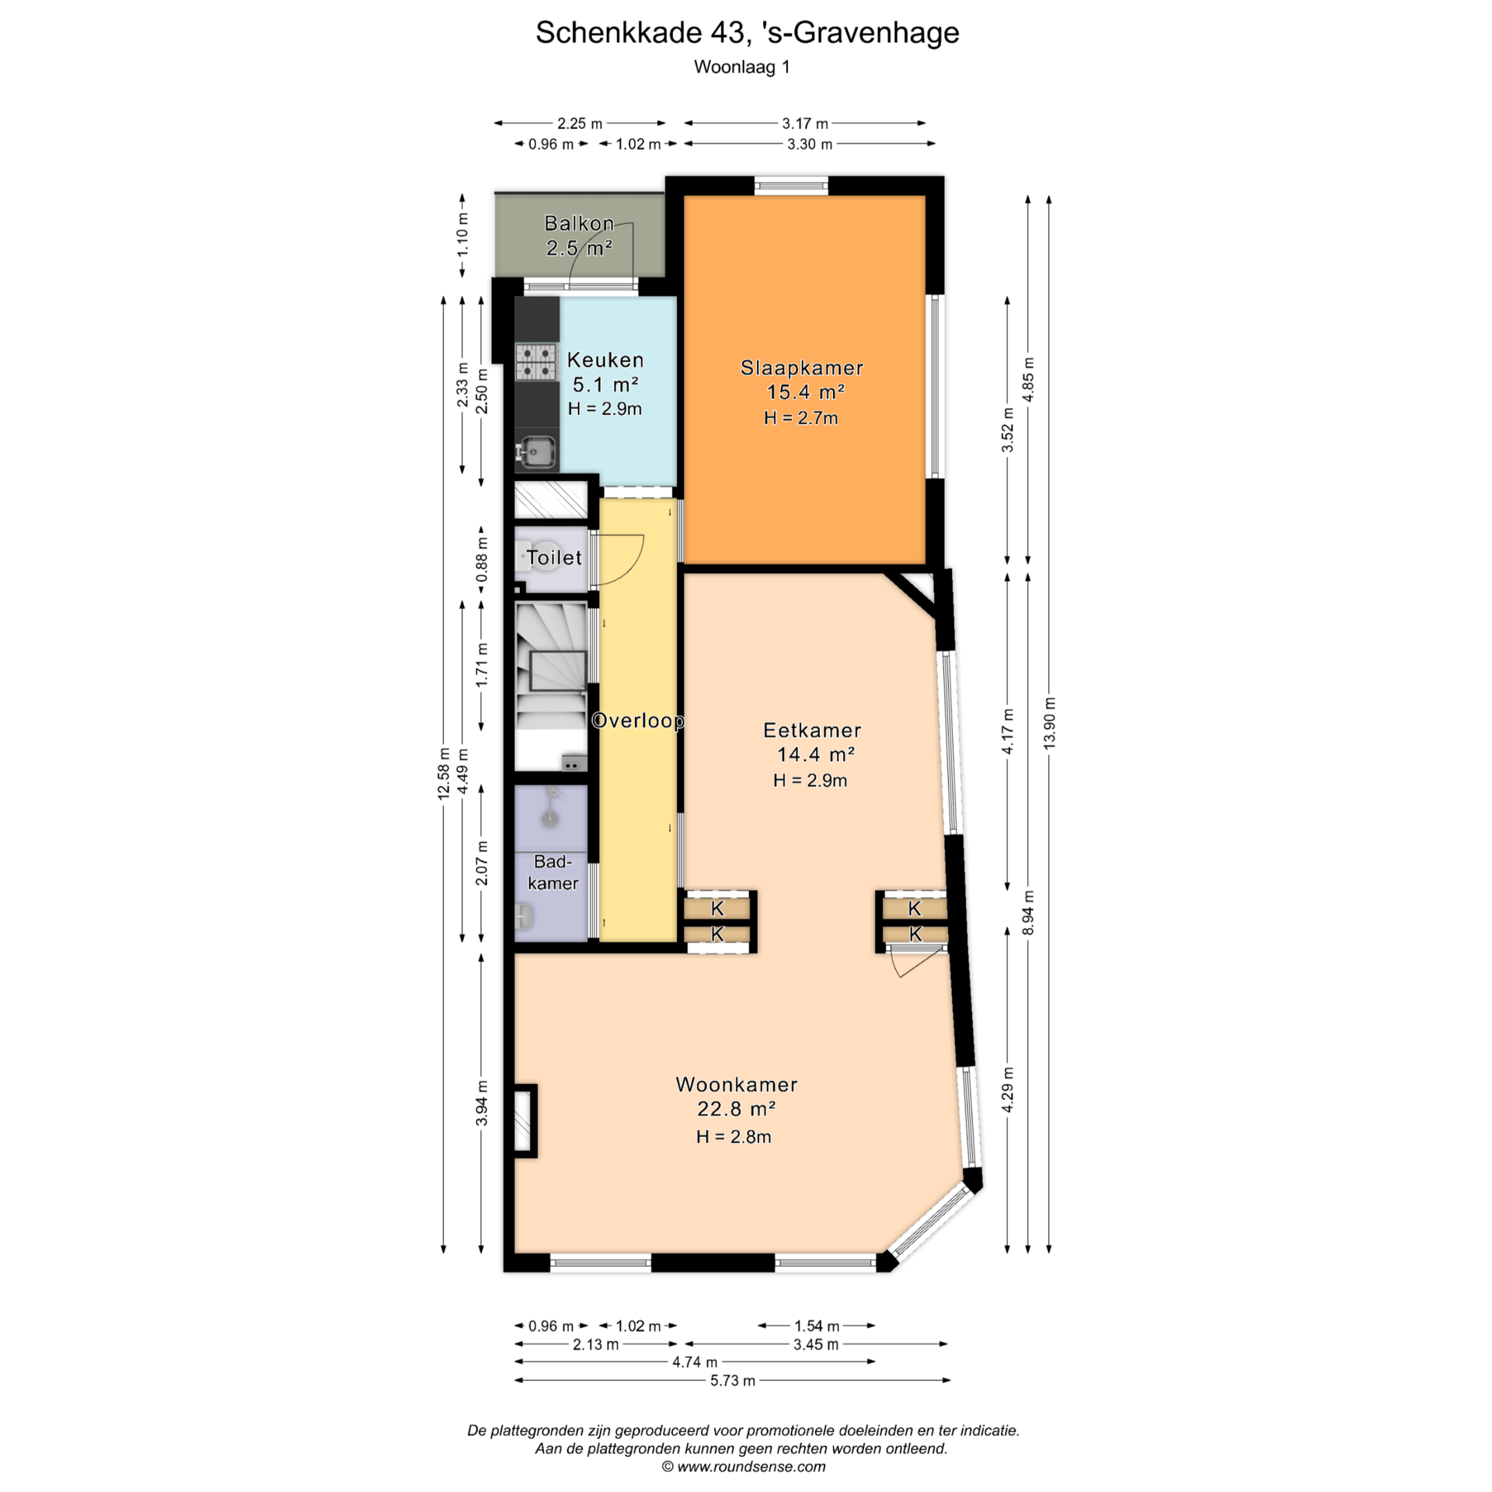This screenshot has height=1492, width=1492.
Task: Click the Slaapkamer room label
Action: pyautogui.click(x=802, y=368)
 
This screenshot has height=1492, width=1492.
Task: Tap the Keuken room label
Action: pyautogui.click(x=605, y=360)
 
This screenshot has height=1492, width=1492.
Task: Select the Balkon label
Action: pyautogui.click(x=579, y=224)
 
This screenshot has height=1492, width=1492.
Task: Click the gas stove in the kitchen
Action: pyautogui.click(x=536, y=362)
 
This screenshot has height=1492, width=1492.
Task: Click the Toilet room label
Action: pyautogui.click(x=554, y=557)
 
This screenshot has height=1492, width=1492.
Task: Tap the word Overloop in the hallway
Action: pyautogui.click(x=638, y=720)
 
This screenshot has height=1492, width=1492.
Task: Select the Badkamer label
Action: pyautogui.click(x=553, y=872)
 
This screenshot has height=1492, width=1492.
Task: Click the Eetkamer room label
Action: pyautogui.click(x=812, y=730)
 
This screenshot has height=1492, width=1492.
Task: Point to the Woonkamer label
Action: pyautogui.click(x=737, y=1084)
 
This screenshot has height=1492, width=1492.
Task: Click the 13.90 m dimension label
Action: pyautogui.click(x=1050, y=723)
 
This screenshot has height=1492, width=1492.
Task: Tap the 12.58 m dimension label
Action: pyautogui.click(x=444, y=773)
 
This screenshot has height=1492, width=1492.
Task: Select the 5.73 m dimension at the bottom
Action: pyautogui.click(x=733, y=1381)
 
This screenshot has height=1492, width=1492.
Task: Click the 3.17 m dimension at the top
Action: pyautogui.click(x=805, y=124)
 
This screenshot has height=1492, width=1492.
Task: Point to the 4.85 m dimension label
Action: pyautogui.click(x=1029, y=379)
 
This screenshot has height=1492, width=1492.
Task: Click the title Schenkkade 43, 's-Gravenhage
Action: pyautogui.click(x=747, y=33)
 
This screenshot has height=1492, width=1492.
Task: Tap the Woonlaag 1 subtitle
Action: pyautogui.click(x=742, y=68)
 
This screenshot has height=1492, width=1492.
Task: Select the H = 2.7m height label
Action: pyautogui.click(x=801, y=418)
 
